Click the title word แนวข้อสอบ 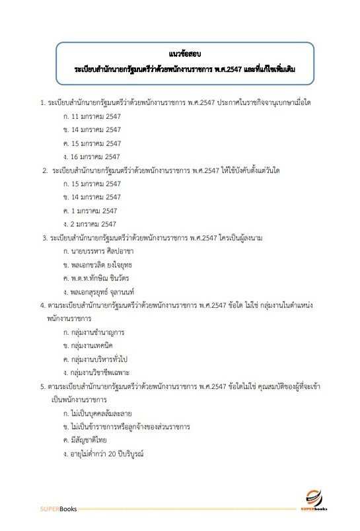(x=180, y=53)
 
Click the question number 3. (x=44, y=237)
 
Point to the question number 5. (x=42, y=386)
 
